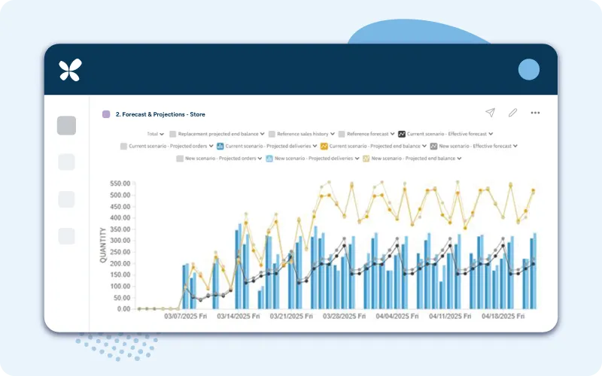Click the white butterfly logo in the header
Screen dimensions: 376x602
coord(70,70)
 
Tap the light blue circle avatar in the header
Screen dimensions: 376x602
coord(529,69)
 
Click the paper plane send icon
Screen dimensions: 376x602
coord(490,113)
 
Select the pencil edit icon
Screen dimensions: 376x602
coord(512,113)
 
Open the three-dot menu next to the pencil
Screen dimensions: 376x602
coord(535,113)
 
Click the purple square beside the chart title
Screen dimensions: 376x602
coord(106,114)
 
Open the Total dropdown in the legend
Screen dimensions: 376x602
coord(155,134)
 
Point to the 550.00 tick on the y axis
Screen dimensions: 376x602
coord(120,183)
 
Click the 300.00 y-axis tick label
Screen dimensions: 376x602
coord(120,241)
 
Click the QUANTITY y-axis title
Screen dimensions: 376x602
coord(103,245)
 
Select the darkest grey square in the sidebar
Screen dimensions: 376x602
coord(66,126)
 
